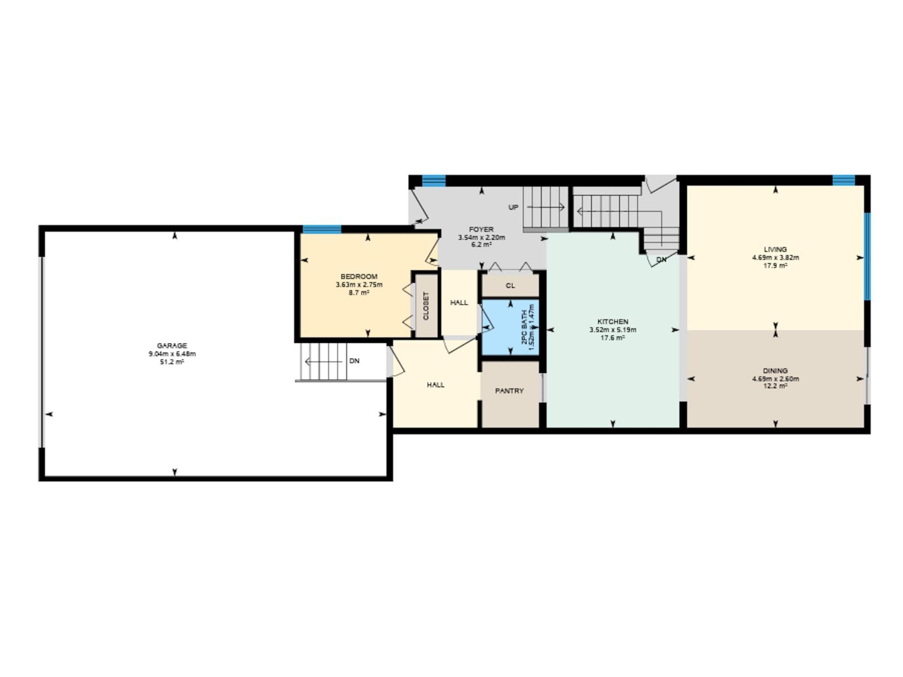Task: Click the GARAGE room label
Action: (172, 346)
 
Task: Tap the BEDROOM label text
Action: (359, 276)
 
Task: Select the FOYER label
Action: (481, 230)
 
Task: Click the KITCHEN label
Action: (612, 322)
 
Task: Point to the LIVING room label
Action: (775, 249)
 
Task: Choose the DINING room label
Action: (775, 371)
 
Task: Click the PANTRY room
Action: (509, 391)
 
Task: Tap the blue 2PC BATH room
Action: (510, 328)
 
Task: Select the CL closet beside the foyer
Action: (510, 285)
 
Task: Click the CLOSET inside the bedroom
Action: (426, 306)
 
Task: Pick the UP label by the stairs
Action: (513, 208)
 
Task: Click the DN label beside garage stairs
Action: (354, 361)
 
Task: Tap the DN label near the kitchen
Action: (661, 260)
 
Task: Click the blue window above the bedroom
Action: (322, 229)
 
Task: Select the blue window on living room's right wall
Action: (867, 257)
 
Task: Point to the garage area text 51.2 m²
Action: (172, 362)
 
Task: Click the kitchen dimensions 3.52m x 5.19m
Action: (612, 330)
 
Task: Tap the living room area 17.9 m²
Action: (775, 266)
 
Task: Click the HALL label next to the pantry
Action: (435, 385)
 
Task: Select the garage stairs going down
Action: (323, 361)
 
